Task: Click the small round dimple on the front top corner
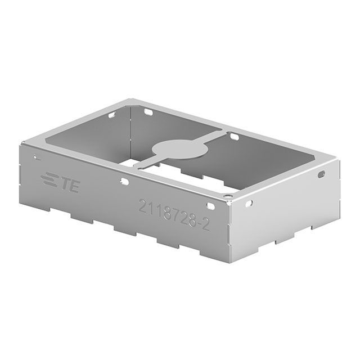[228, 195]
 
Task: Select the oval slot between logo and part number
[123, 182]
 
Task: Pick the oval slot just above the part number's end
[209, 207]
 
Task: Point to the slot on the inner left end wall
[112, 115]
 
